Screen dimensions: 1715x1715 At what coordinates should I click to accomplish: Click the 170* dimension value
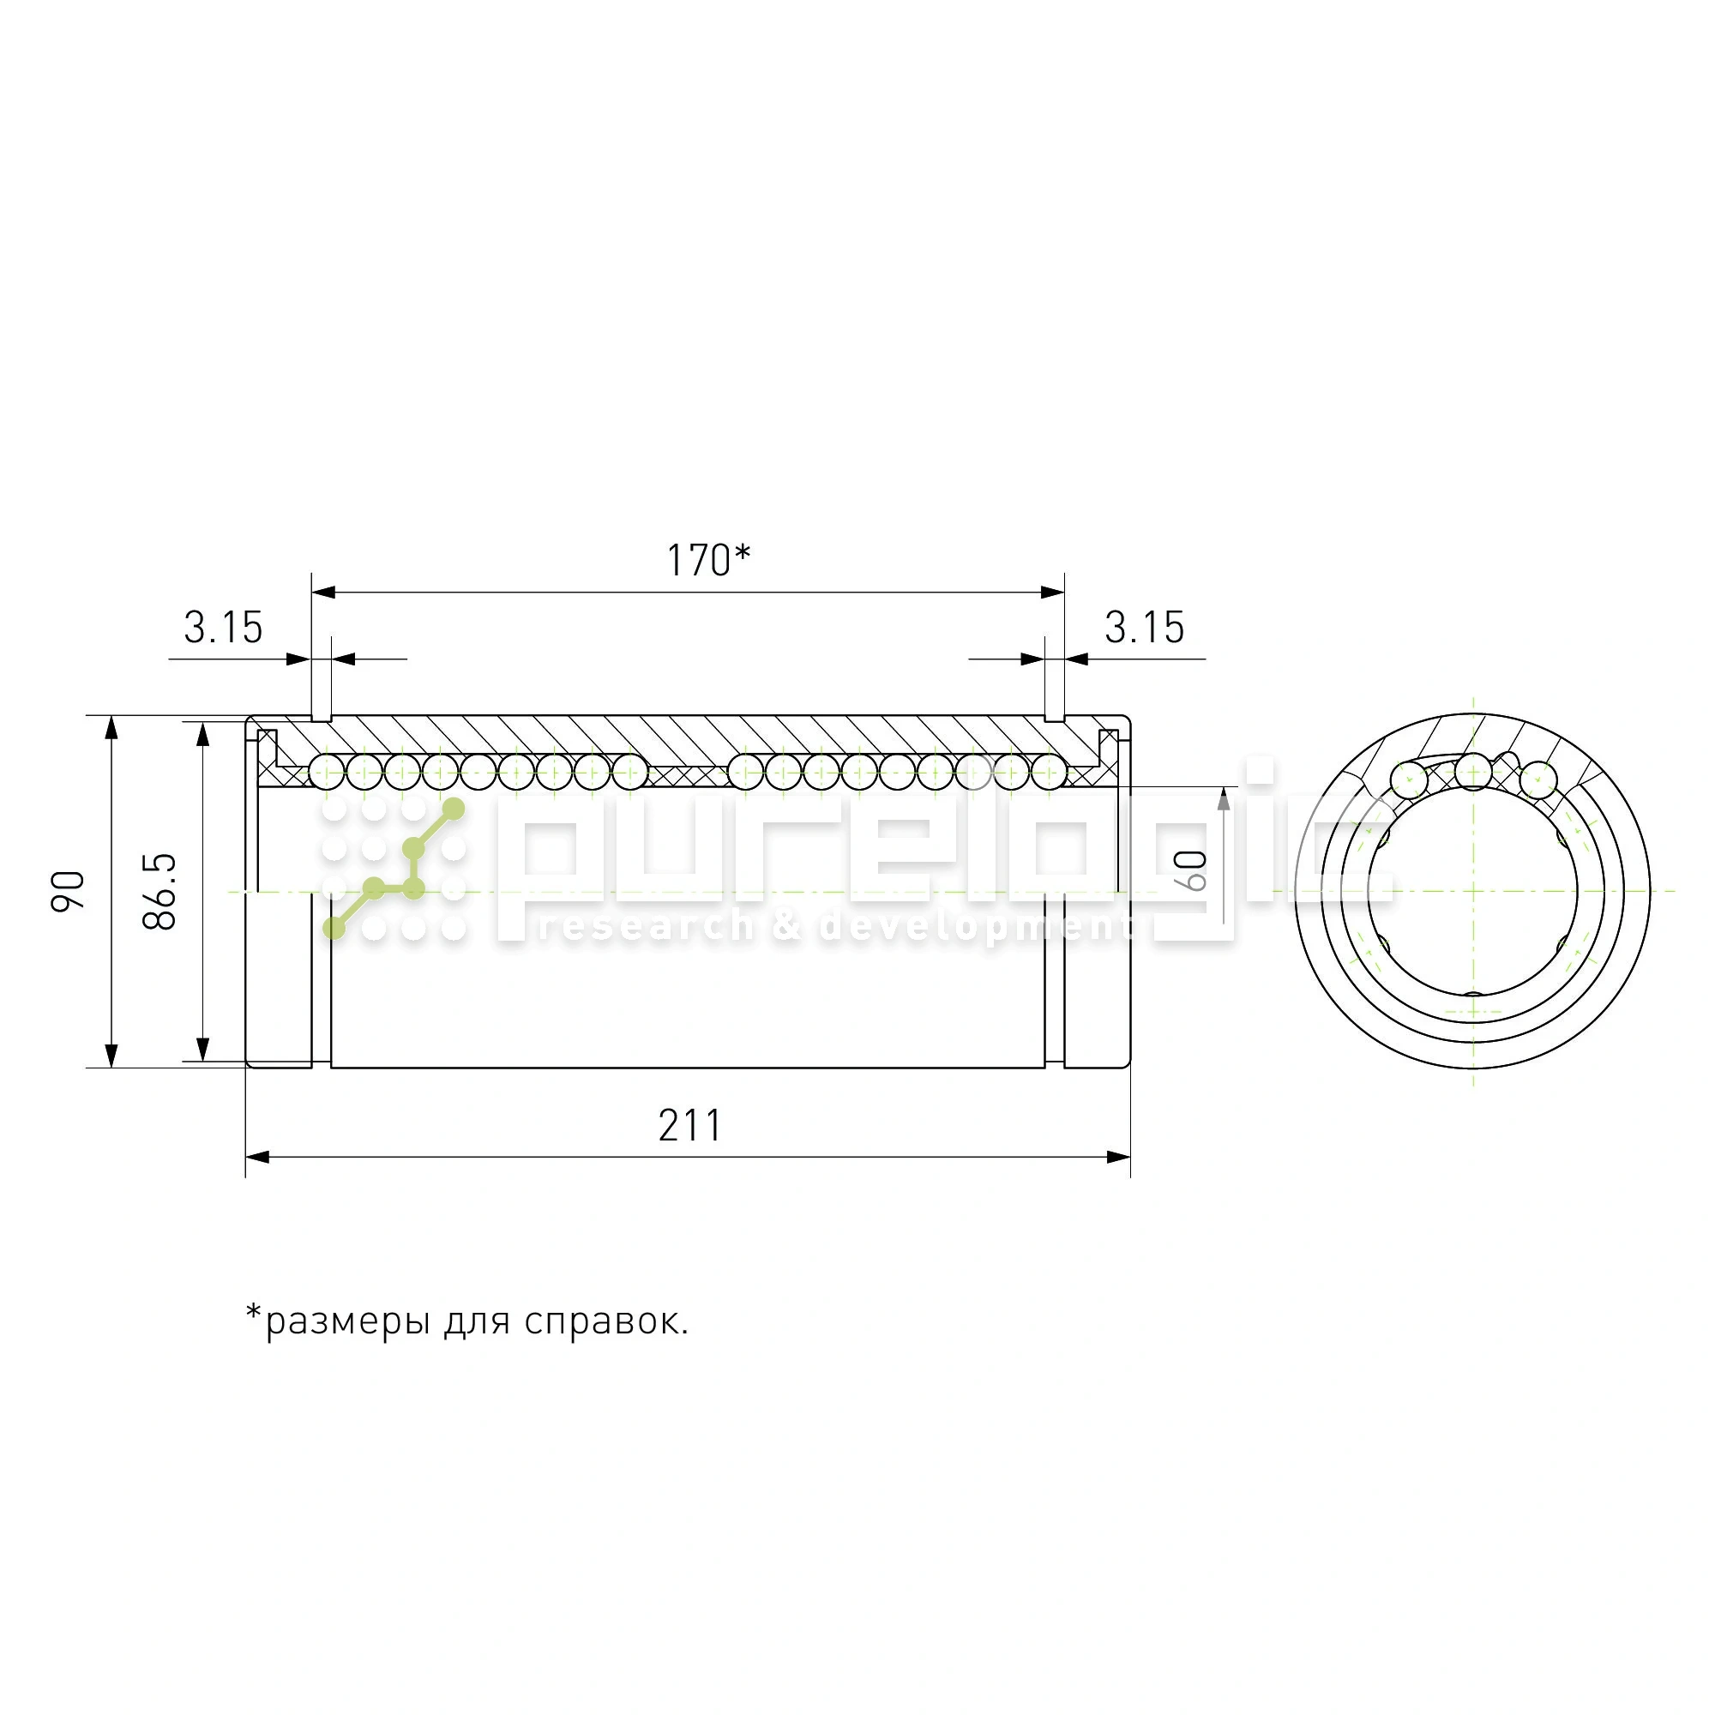[x=707, y=561]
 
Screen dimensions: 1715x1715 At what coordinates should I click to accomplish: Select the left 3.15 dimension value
[x=223, y=629]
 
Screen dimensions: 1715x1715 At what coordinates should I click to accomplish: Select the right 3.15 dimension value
[x=1143, y=629]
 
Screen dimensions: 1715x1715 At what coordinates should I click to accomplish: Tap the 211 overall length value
[x=689, y=1126]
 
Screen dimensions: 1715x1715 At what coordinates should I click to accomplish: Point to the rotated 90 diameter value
[x=69, y=890]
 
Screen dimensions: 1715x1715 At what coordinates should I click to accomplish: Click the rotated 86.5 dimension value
[x=159, y=891]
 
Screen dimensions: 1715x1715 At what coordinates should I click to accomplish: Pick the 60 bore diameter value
[x=1194, y=870]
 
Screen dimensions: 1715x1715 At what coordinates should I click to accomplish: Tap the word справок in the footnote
[x=603, y=1321]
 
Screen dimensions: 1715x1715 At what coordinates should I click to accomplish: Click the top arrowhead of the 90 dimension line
[x=111, y=727]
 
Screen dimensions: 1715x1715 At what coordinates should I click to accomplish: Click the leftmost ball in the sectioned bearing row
[x=326, y=773]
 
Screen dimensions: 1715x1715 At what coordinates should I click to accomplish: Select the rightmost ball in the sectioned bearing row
[x=1050, y=773]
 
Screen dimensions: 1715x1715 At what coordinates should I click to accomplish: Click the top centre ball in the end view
[x=1473, y=772]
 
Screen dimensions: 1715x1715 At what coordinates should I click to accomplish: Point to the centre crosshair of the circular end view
[x=1473, y=890]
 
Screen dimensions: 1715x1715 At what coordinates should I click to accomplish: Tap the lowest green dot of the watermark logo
[x=334, y=929]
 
